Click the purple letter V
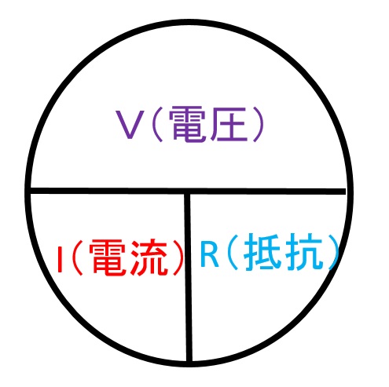coord(130,124)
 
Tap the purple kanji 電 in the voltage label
coord(187,124)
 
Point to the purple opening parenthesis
coord(157,125)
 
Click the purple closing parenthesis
coord(258,125)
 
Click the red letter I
coord(60,259)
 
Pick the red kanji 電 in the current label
coord(108,257)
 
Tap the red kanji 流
coord(149,257)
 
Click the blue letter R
coord(209,254)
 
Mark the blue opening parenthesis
coord(232,252)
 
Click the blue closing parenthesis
coord(332,252)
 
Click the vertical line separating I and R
coord(188,277)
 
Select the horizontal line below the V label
coord(188,191)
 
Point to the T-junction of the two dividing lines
coord(188,192)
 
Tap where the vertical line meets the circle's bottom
coord(189,363)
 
